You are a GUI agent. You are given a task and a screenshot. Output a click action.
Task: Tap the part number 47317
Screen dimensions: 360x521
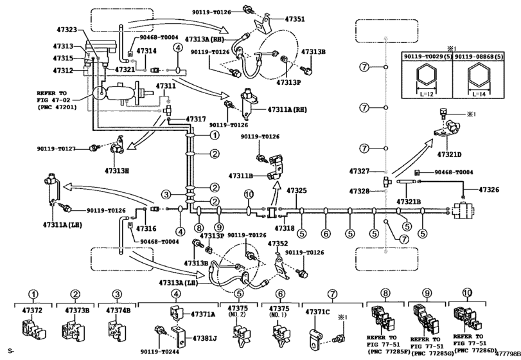pos(196,119)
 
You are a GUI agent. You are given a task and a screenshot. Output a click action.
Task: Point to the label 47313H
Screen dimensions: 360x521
pos(118,171)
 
